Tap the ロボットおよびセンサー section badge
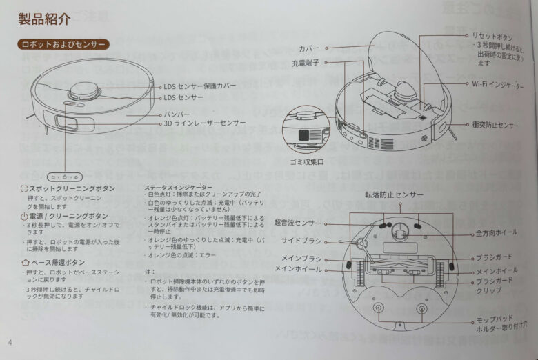(63, 44)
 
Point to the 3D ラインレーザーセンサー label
(205, 123)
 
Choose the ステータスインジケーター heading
(179, 188)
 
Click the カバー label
(310, 48)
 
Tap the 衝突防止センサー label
(495, 126)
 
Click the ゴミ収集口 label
(306, 161)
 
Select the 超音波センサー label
(298, 223)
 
